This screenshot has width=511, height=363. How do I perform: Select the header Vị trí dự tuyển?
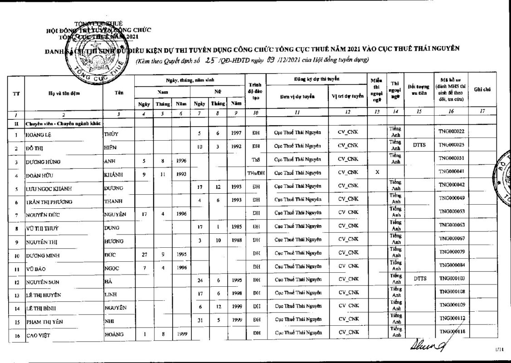(348, 97)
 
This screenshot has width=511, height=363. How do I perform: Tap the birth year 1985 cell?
(236, 226)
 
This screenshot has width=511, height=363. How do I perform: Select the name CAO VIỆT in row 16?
(37, 336)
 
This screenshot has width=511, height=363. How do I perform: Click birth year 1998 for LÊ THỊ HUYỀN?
(236, 293)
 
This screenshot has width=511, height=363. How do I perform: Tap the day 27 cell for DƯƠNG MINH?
(145, 253)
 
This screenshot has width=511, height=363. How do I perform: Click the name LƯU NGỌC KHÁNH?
(49, 188)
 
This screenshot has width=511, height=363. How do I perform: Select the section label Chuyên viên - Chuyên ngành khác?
(63, 123)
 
